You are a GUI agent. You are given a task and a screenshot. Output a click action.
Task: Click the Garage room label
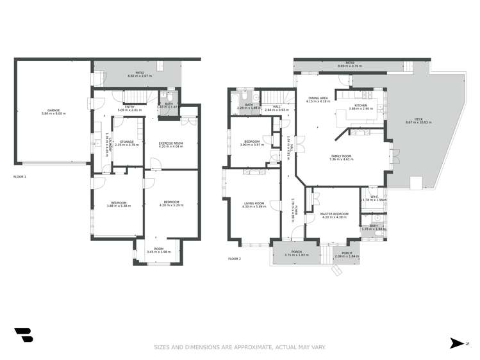pyautogui.click(x=53, y=110)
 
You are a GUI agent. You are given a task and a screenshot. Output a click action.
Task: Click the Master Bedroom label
pyautogui.click(x=333, y=214)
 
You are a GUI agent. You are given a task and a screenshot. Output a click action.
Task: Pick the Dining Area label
pyautogui.click(x=317, y=98)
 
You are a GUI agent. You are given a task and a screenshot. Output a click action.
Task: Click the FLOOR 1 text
pyautogui.click(x=20, y=176)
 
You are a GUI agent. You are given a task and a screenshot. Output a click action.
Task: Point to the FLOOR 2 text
pyautogui.click(x=235, y=259)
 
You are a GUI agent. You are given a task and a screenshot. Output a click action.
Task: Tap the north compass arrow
pyautogui.click(x=456, y=344)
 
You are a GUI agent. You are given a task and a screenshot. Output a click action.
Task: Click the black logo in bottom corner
pyautogui.click(x=24, y=335)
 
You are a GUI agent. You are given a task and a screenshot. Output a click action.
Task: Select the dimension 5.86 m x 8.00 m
pyautogui.click(x=53, y=113)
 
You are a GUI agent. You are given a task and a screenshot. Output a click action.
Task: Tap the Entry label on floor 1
pyautogui.click(x=129, y=106)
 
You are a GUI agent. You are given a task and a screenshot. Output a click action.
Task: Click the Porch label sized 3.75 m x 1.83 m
pyautogui.click(x=296, y=252)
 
